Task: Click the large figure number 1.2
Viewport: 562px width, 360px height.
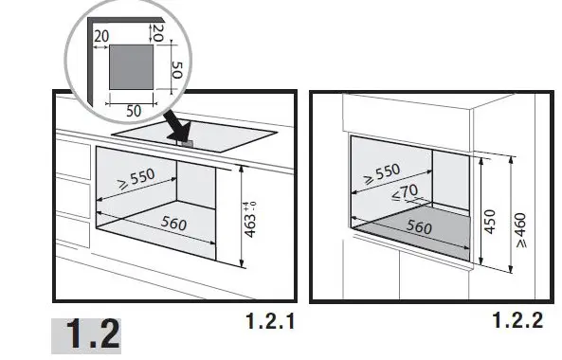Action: (x=93, y=333)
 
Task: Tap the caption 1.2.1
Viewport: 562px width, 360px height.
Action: (x=271, y=321)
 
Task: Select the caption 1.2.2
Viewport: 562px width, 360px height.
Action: (x=517, y=320)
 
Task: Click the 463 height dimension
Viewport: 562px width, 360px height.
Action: (x=250, y=225)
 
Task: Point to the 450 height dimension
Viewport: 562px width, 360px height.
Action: (x=489, y=222)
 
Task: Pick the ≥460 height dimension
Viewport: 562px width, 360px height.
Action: (x=521, y=230)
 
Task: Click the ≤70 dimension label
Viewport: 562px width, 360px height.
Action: (x=405, y=192)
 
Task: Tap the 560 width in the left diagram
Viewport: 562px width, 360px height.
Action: (x=173, y=223)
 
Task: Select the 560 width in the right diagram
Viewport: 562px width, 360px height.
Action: (x=419, y=226)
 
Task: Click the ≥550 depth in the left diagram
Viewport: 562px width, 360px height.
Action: (x=136, y=178)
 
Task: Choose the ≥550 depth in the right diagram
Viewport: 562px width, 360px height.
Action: (x=382, y=173)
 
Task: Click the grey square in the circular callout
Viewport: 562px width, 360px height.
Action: (x=131, y=67)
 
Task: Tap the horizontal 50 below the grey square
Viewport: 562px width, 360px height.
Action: (x=134, y=111)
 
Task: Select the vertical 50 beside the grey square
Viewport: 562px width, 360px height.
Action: (x=177, y=70)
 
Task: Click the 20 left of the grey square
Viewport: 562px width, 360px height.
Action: (x=101, y=36)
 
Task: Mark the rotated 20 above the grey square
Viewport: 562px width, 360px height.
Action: (x=158, y=33)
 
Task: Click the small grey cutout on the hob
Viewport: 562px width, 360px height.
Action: (x=188, y=144)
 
